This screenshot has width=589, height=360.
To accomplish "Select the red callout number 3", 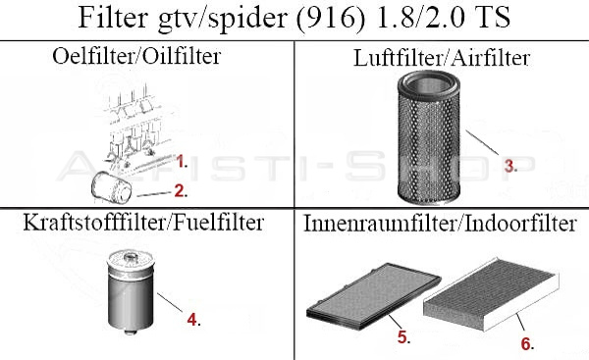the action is coord(509,167).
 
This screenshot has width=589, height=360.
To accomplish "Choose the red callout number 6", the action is coord(526,345).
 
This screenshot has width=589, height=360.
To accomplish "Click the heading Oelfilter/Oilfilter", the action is coord(136,56).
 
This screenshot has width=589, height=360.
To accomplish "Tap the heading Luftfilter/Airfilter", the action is coord(441,58).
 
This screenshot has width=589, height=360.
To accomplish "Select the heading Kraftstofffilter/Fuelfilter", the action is coord(143,224).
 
